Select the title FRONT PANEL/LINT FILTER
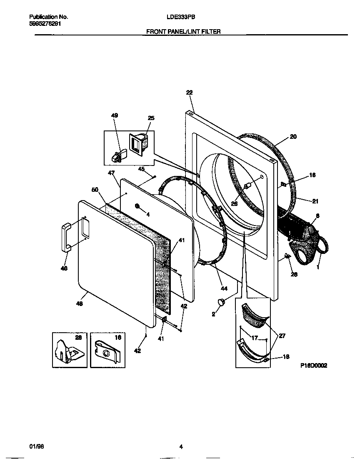183,31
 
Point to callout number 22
189,93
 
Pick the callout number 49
115,115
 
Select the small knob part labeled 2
221,302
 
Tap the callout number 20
293,136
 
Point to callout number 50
95,190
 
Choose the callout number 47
111,172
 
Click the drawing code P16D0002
314,365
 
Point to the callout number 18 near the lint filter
286,357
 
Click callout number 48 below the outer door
79,304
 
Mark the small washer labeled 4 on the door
137,206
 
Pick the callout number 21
315,201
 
